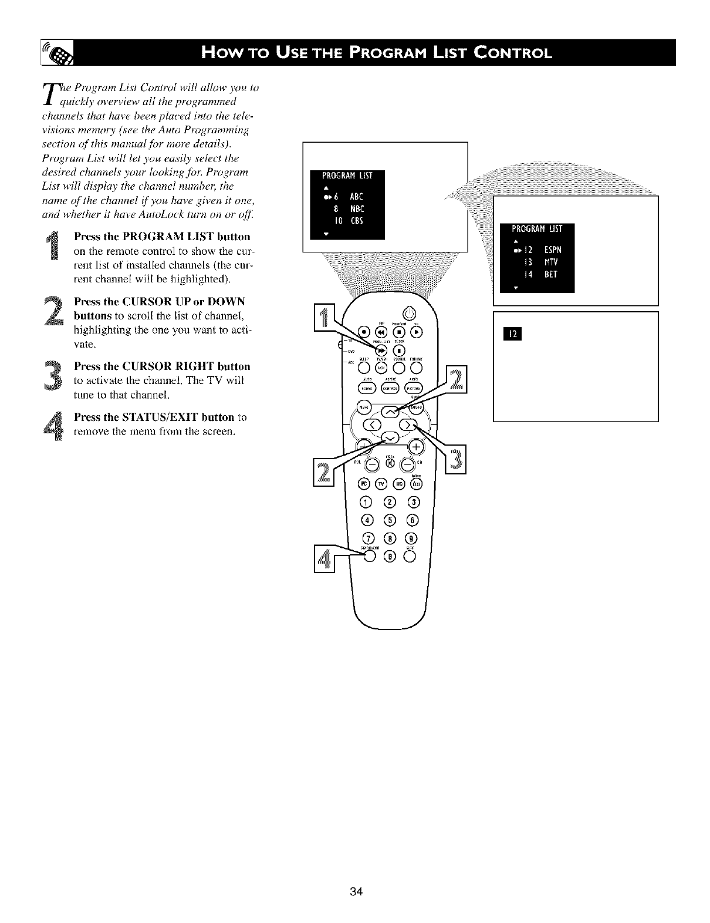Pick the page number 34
pos(355,892)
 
